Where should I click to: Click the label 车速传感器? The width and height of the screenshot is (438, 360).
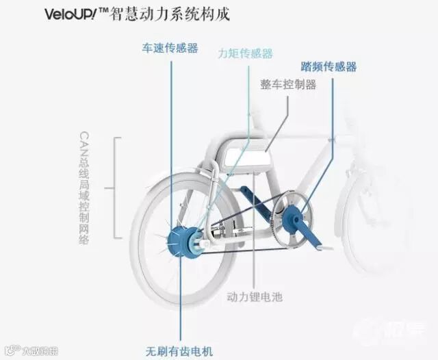(170, 48)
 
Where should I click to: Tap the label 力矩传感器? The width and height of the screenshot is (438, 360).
(244, 53)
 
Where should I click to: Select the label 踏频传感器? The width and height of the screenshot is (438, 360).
(328, 67)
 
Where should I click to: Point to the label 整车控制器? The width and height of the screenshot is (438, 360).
(287, 85)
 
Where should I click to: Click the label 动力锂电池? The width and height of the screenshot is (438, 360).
(255, 297)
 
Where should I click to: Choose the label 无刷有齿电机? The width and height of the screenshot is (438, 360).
(180, 351)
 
